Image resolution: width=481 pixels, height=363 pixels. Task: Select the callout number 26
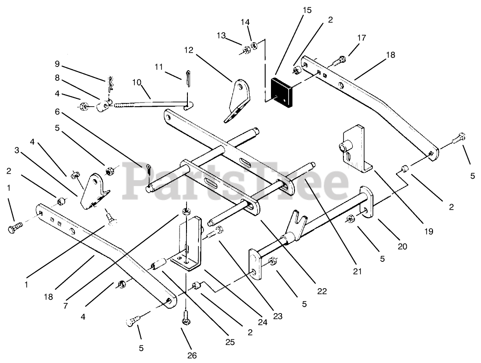tap(192, 355)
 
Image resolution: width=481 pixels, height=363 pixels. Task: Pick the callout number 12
tap(190, 49)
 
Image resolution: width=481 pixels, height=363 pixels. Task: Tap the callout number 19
tap(429, 231)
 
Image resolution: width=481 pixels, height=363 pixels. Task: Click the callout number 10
tap(137, 82)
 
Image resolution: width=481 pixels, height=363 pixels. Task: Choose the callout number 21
tap(356, 272)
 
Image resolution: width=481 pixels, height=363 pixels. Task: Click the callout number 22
tap(322, 291)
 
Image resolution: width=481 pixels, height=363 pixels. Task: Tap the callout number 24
tap(262, 322)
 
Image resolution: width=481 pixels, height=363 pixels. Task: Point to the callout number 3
tap(17, 151)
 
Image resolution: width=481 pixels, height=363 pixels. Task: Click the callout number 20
tap(403, 247)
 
